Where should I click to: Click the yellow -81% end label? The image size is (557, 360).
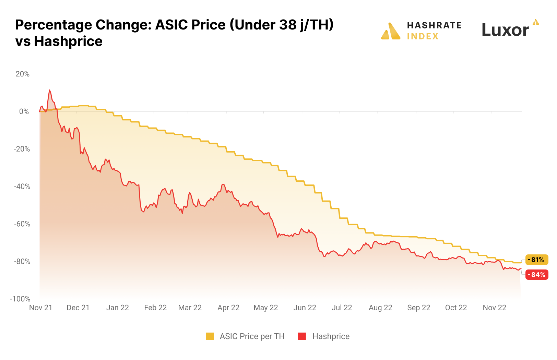click(x=537, y=260)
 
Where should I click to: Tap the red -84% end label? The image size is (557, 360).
click(x=537, y=275)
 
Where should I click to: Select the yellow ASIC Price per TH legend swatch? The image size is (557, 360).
click(x=210, y=336)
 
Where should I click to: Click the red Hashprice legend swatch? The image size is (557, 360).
click(x=302, y=336)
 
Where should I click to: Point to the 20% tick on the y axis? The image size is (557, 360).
click(x=23, y=74)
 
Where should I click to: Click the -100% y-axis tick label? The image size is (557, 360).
click(x=20, y=299)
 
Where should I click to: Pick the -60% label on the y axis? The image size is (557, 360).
click(x=22, y=224)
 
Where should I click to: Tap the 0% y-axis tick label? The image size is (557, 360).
click(x=24, y=111)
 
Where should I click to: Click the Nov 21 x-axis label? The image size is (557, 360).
click(x=41, y=308)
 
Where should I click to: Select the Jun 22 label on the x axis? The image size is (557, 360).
click(x=305, y=308)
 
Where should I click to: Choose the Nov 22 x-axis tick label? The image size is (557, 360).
click(x=494, y=308)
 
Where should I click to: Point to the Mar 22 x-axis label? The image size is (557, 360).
click(x=190, y=308)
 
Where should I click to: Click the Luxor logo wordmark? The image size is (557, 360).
click(x=505, y=30)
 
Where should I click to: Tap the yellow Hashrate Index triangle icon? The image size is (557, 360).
click(x=391, y=31)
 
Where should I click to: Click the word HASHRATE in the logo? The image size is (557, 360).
click(x=434, y=25)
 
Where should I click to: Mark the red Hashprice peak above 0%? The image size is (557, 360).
click(x=50, y=91)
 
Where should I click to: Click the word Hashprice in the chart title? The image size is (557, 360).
click(x=68, y=41)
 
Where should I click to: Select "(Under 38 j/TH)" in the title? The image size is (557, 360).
click(x=281, y=25)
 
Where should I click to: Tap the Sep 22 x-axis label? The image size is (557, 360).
click(x=418, y=308)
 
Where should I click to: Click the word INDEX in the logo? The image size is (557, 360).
click(x=423, y=36)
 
